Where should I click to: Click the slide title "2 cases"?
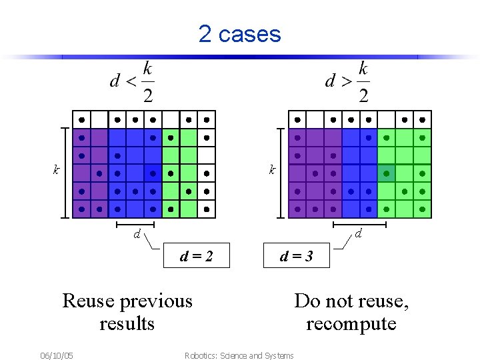(x=239, y=33)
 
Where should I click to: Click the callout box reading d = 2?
(x=197, y=256)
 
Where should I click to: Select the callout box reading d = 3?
(x=297, y=256)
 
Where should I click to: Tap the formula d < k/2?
(x=132, y=81)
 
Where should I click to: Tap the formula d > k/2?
(x=347, y=81)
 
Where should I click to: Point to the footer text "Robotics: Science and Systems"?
(x=239, y=355)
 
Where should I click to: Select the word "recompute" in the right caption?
(x=351, y=324)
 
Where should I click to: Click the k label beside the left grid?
(x=56, y=170)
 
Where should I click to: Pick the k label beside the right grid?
(x=271, y=170)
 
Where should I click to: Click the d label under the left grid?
(x=136, y=234)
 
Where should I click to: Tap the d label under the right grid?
(x=358, y=234)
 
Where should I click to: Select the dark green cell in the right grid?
(x=387, y=173)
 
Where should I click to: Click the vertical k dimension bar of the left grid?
(x=66, y=173)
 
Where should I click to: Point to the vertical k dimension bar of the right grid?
(x=281, y=173)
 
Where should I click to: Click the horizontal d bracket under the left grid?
(x=135, y=225)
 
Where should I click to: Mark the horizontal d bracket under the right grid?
(x=360, y=225)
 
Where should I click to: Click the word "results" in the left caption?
(x=127, y=324)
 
